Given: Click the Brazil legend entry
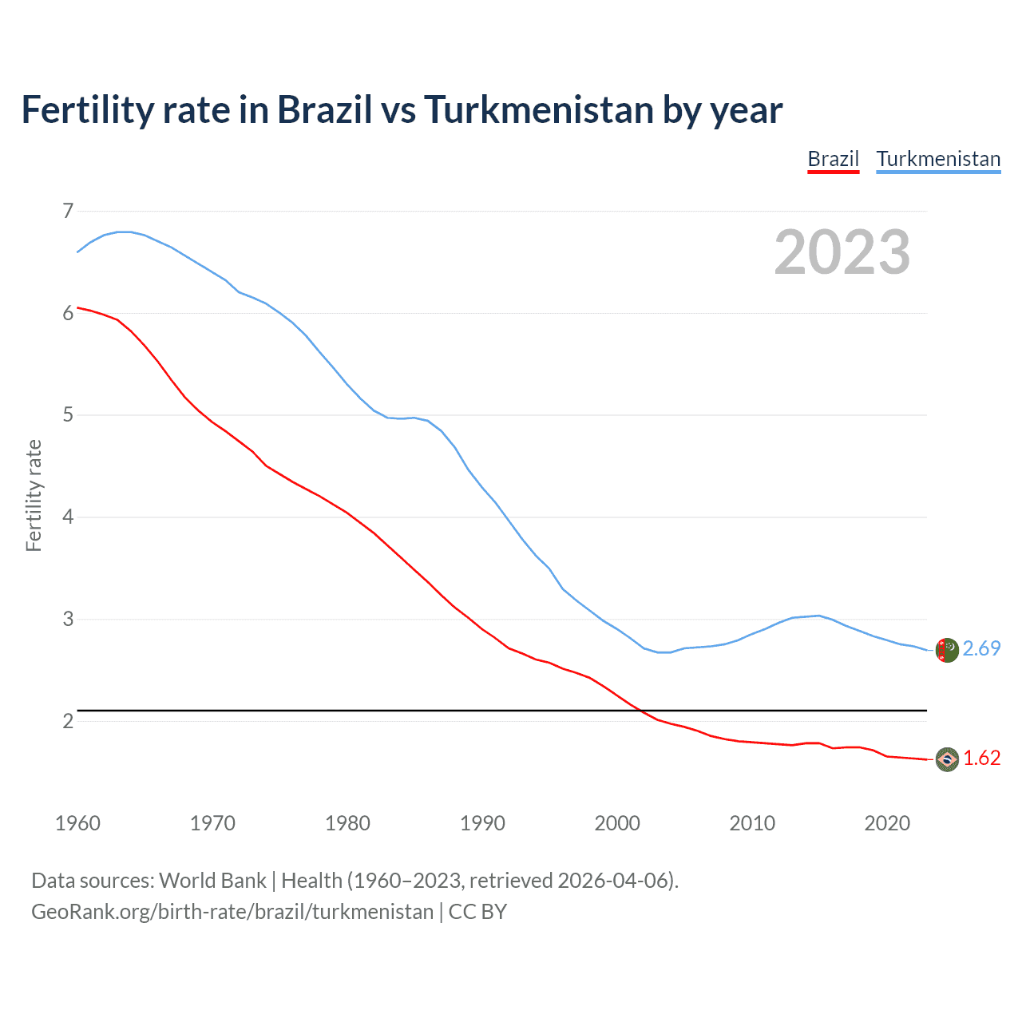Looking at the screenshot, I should (833, 159).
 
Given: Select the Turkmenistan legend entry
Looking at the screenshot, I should (938, 159).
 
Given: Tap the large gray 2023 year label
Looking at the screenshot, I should (842, 252).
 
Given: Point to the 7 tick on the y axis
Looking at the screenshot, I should (68, 211).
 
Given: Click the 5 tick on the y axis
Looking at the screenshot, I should (68, 414).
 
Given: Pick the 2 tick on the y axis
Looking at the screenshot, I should (68, 721).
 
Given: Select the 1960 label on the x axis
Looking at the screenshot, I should (77, 823).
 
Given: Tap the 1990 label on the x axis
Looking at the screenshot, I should (482, 823).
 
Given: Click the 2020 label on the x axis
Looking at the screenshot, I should (887, 823).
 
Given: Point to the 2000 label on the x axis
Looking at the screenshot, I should (617, 823).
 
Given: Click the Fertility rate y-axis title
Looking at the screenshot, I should (34, 495).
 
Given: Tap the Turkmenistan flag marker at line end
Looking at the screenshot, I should (947, 650).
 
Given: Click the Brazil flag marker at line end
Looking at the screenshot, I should (947, 759).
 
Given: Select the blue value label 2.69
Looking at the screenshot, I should (981, 648).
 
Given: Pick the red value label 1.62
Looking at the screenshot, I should (981, 758).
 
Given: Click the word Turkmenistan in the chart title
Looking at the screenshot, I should (539, 109).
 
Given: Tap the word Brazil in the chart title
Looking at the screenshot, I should (325, 109).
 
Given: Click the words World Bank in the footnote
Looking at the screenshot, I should (212, 881).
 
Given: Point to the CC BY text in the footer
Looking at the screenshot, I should (477, 912).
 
